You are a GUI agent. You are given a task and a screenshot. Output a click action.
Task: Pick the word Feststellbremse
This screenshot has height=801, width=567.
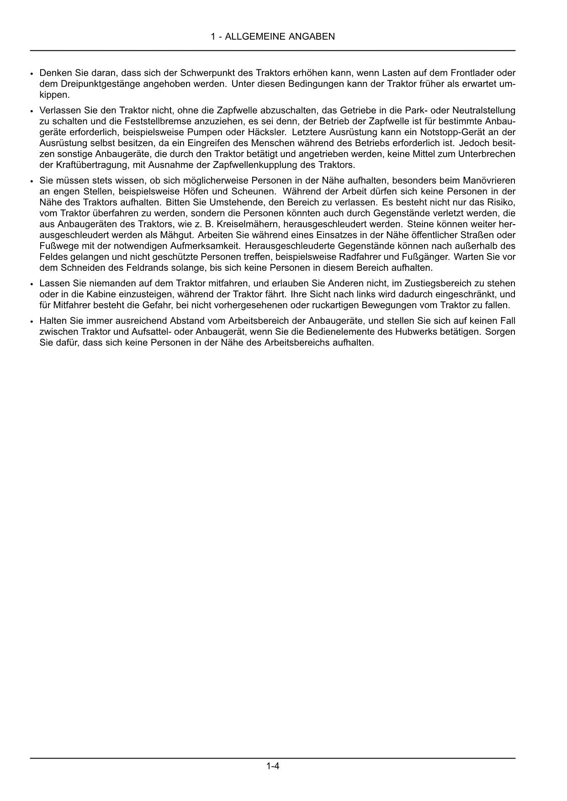coord(155,121)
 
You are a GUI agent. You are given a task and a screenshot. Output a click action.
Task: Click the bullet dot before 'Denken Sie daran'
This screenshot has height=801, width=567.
coord(32,74)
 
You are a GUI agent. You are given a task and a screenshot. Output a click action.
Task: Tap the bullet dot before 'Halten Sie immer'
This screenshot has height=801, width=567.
coord(32,321)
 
